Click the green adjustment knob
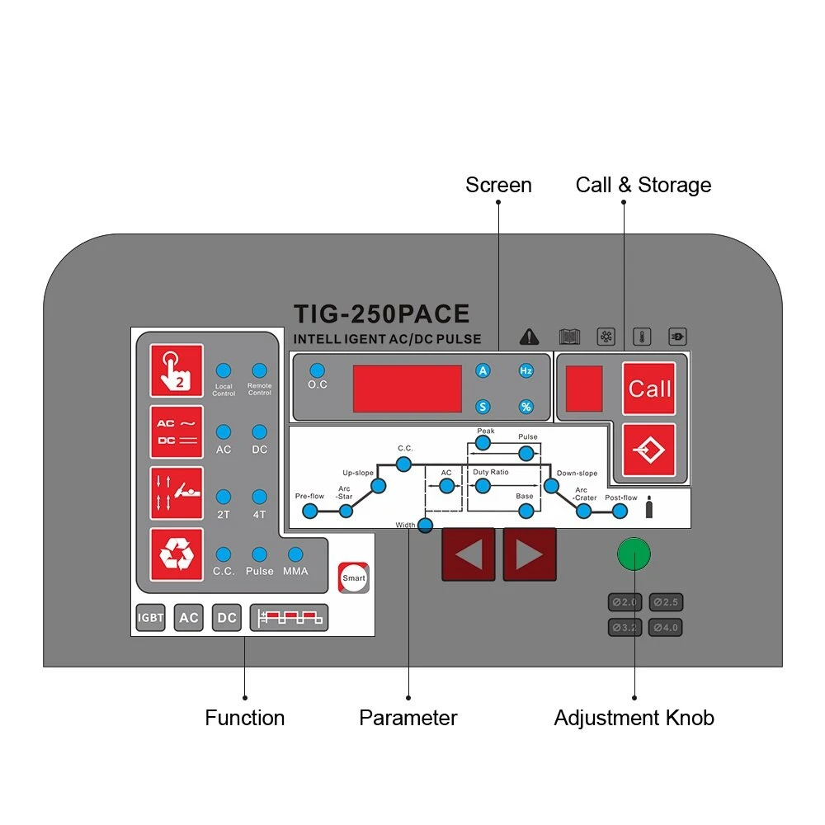coord(634,554)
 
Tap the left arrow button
coord(469,554)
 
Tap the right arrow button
coord(530,554)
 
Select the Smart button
coord(354,577)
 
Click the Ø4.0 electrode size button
coord(666,627)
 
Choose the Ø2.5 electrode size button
coord(666,602)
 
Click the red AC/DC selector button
coord(177,432)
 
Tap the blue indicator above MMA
coord(295,554)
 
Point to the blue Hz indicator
coord(526,370)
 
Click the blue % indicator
coord(526,407)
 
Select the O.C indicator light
coord(318,370)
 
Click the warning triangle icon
coord(530,337)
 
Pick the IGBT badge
coord(150,617)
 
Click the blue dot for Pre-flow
coord(310,511)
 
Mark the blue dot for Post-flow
coord(620,511)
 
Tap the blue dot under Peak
coord(483,443)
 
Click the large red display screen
coord(408,389)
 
